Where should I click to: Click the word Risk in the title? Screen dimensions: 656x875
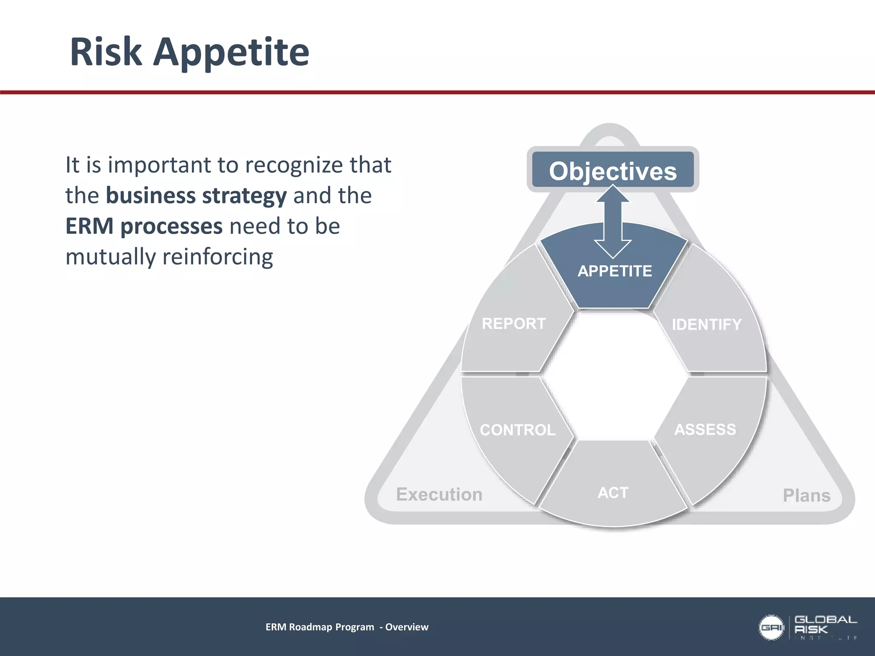[106, 52]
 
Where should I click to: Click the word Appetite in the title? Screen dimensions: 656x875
[231, 53]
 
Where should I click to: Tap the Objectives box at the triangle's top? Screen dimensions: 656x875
[613, 171]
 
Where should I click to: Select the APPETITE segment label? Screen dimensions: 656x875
[615, 271]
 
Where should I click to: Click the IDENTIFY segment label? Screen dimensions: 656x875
[707, 325]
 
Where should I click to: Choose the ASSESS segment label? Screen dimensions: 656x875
[705, 429]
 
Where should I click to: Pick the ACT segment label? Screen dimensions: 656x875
[613, 493]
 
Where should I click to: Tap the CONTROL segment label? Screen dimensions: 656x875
[518, 430]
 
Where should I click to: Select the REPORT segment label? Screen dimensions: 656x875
[514, 324]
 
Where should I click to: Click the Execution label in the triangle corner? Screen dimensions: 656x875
[439, 495]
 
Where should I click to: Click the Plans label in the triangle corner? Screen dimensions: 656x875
[807, 495]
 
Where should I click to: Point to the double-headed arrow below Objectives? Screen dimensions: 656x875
[613, 222]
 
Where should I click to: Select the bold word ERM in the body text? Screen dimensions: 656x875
[89, 226]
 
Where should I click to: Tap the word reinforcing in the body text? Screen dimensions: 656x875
[217, 257]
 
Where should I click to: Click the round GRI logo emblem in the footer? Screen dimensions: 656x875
[771, 627]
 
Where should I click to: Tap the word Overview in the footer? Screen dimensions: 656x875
[407, 627]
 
